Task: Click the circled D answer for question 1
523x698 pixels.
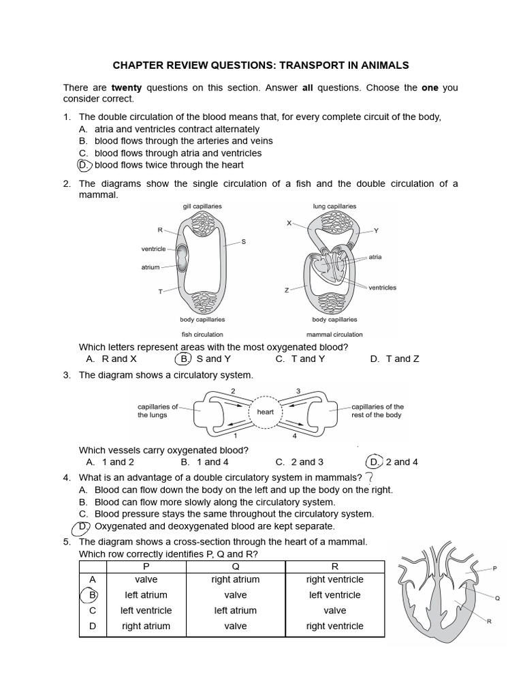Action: click(84, 165)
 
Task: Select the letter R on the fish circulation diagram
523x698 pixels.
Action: click(161, 230)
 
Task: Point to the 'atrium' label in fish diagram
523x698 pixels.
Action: click(150, 267)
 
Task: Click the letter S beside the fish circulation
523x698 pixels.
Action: click(244, 241)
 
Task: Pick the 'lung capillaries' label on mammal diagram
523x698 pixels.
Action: click(334, 206)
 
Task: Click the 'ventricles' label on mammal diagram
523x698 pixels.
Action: click(382, 288)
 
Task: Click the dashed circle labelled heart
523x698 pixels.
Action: click(265, 412)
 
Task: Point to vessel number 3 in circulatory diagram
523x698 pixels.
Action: click(298, 391)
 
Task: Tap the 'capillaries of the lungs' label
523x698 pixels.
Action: click(157, 410)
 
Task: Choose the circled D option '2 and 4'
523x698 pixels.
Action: click(374, 461)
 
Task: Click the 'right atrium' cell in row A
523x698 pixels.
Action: click(235, 579)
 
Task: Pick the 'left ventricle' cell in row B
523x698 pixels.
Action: click(334, 595)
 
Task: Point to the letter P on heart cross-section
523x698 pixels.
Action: click(494, 567)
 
